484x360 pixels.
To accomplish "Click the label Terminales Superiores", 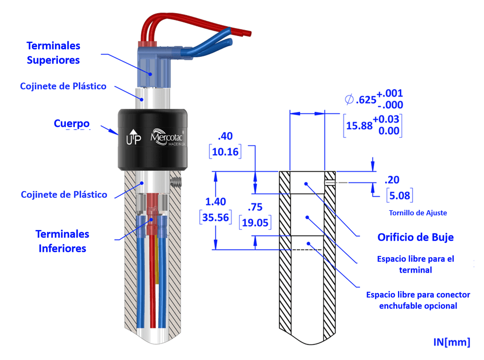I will (x=53, y=53).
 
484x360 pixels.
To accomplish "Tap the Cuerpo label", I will (x=72, y=123).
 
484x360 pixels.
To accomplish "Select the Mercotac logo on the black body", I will (x=168, y=135).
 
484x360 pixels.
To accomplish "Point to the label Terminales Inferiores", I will (x=62, y=241).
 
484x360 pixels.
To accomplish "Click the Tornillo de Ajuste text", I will (x=418, y=213).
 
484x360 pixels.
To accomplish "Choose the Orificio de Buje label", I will (x=415, y=237).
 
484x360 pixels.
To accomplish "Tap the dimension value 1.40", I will (x=215, y=201).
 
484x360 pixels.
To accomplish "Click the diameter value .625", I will (x=365, y=100).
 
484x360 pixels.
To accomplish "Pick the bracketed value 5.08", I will (x=399, y=195).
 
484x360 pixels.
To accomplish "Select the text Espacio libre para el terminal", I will (x=415, y=264).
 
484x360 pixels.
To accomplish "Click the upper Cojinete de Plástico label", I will (x=63, y=86).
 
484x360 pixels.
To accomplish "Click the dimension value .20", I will (x=392, y=180).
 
